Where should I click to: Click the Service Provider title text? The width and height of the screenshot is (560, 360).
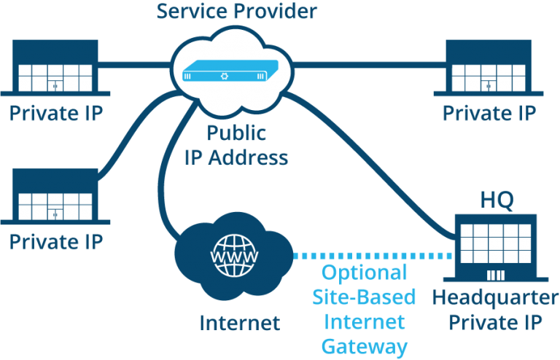(238, 12)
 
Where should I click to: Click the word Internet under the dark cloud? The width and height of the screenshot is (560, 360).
(239, 323)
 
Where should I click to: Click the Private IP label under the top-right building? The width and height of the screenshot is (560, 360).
(489, 114)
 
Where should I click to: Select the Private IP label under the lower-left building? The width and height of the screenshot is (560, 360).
(55, 240)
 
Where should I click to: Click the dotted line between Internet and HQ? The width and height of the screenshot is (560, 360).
(372, 257)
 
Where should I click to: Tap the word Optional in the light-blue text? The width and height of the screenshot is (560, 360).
(365, 274)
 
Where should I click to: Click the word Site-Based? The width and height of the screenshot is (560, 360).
(365, 297)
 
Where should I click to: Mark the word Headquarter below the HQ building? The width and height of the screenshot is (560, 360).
(492, 297)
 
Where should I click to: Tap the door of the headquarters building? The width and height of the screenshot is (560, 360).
(496, 275)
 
